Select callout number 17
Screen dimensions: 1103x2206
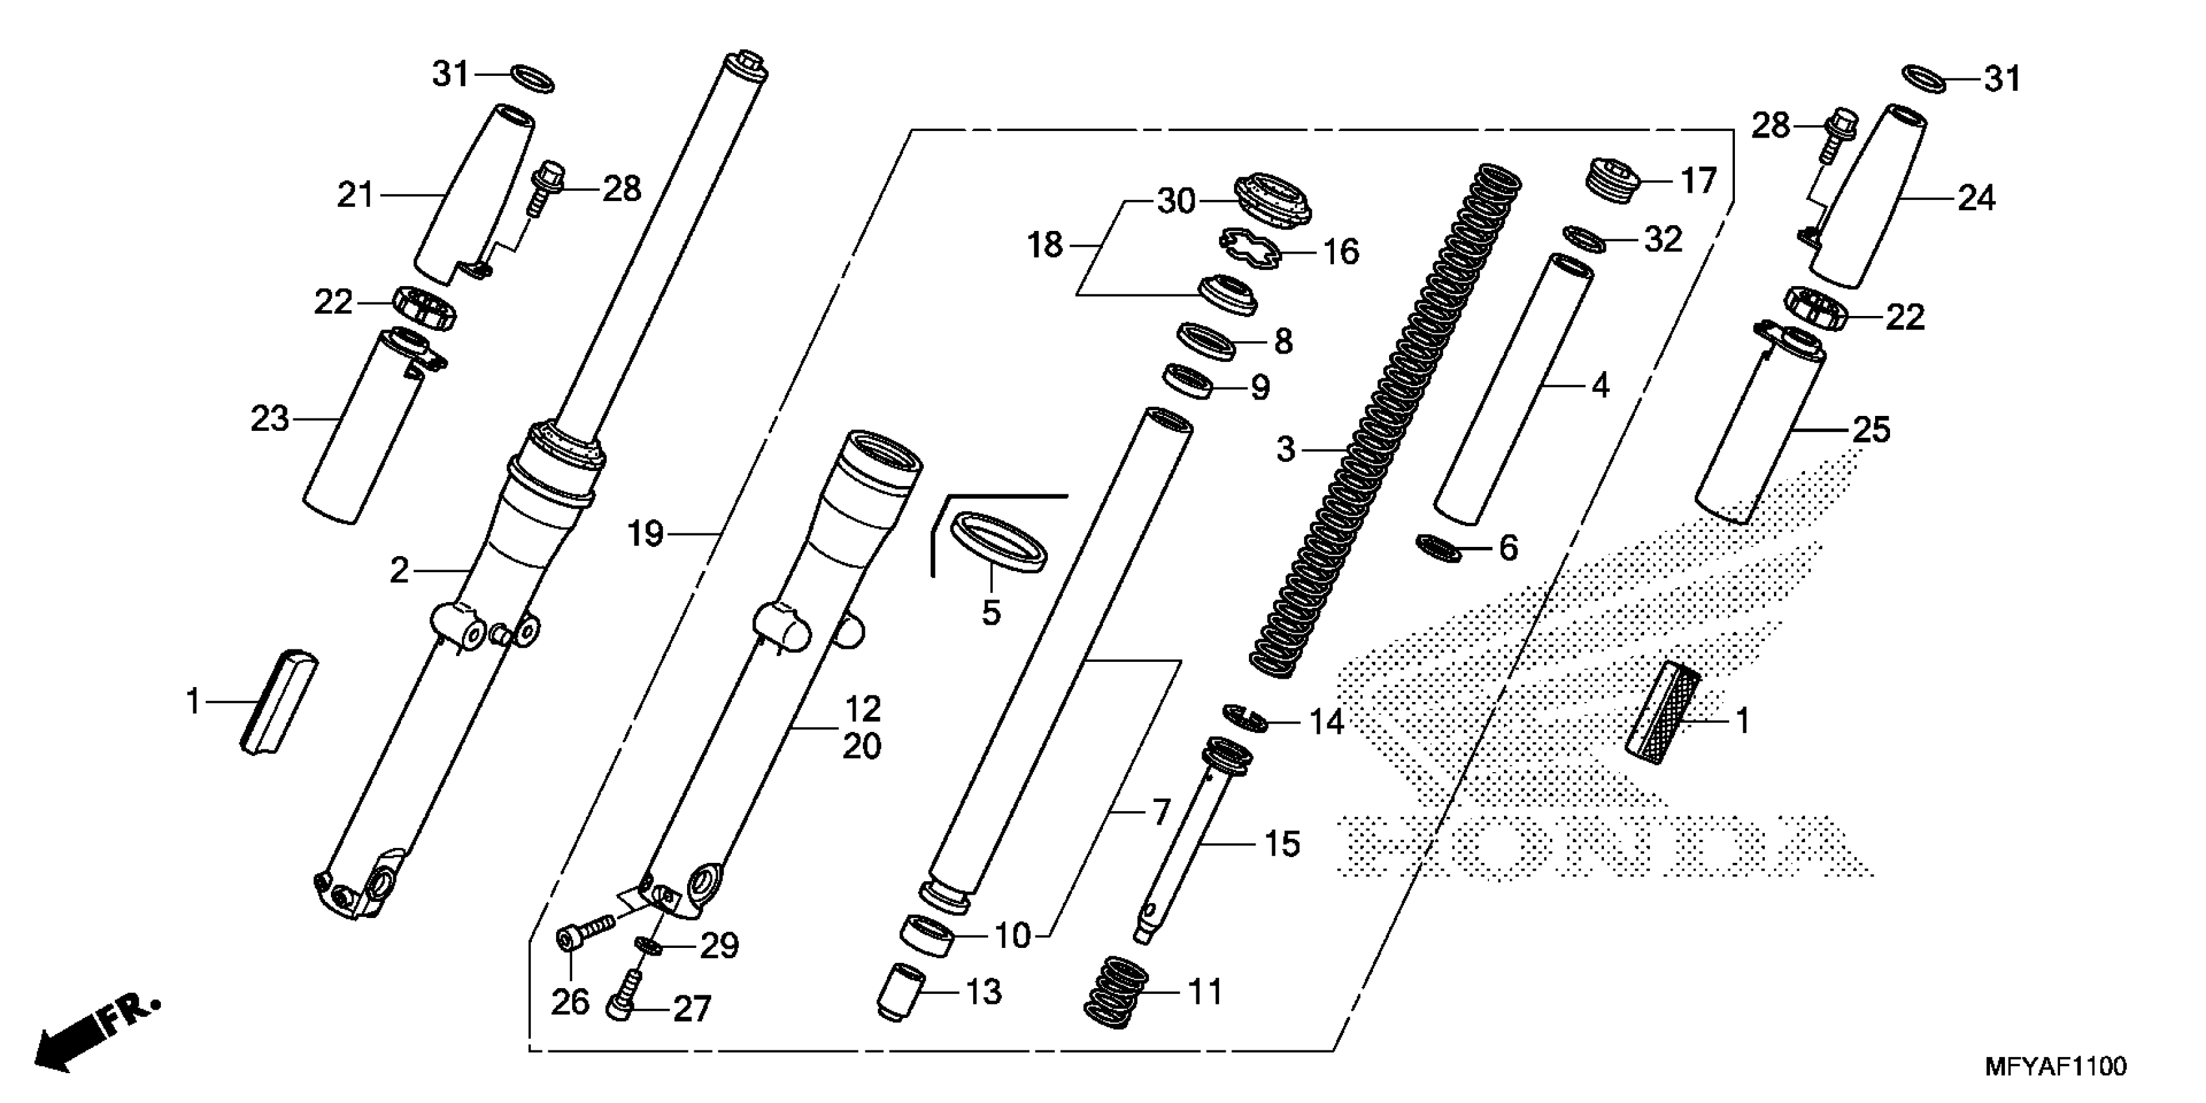pyautogui.click(x=1698, y=180)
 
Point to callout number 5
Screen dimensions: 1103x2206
pyautogui.click(x=991, y=612)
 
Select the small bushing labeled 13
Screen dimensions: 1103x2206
pyautogui.click(x=903, y=991)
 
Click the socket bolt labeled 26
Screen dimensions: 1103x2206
pyautogui.click(x=587, y=932)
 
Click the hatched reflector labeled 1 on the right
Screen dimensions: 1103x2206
pyautogui.click(x=1662, y=712)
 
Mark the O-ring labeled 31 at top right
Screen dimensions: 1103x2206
pyautogui.click(x=1923, y=79)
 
